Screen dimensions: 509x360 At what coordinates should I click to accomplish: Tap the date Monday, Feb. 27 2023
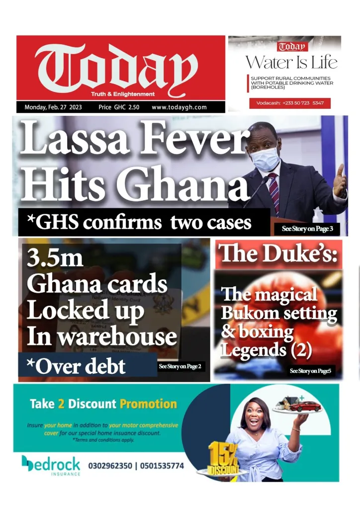(x=53, y=107)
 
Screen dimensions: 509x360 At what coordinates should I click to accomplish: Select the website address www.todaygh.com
(x=179, y=107)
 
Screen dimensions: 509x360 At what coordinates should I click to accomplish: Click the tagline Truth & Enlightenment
(x=123, y=94)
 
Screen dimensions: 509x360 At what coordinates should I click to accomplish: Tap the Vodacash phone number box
(x=290, y=103)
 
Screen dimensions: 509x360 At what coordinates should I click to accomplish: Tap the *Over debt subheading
(x=76, y=367)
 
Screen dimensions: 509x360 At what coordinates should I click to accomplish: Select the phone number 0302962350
(x=110, y=466)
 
